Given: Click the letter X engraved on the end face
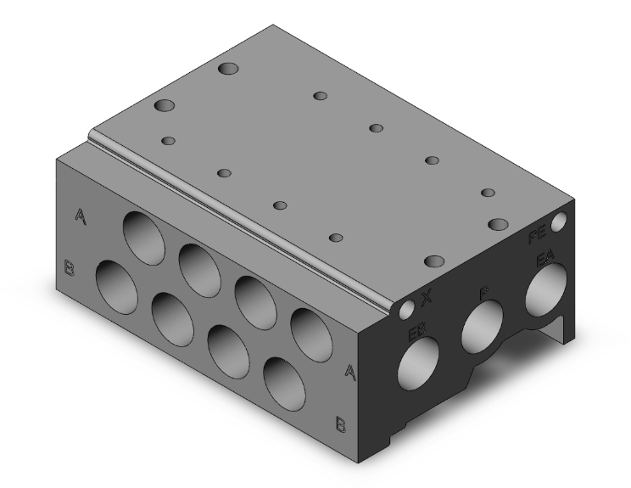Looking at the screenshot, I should tap(427, 298).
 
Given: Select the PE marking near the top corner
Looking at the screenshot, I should tap(538, 238).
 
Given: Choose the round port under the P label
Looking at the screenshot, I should tap(482, 326).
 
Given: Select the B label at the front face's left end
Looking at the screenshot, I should tap(70, 271).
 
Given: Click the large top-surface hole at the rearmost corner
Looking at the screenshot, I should tap(230, 69).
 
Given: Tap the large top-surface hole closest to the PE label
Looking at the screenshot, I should tap(498, 224).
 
